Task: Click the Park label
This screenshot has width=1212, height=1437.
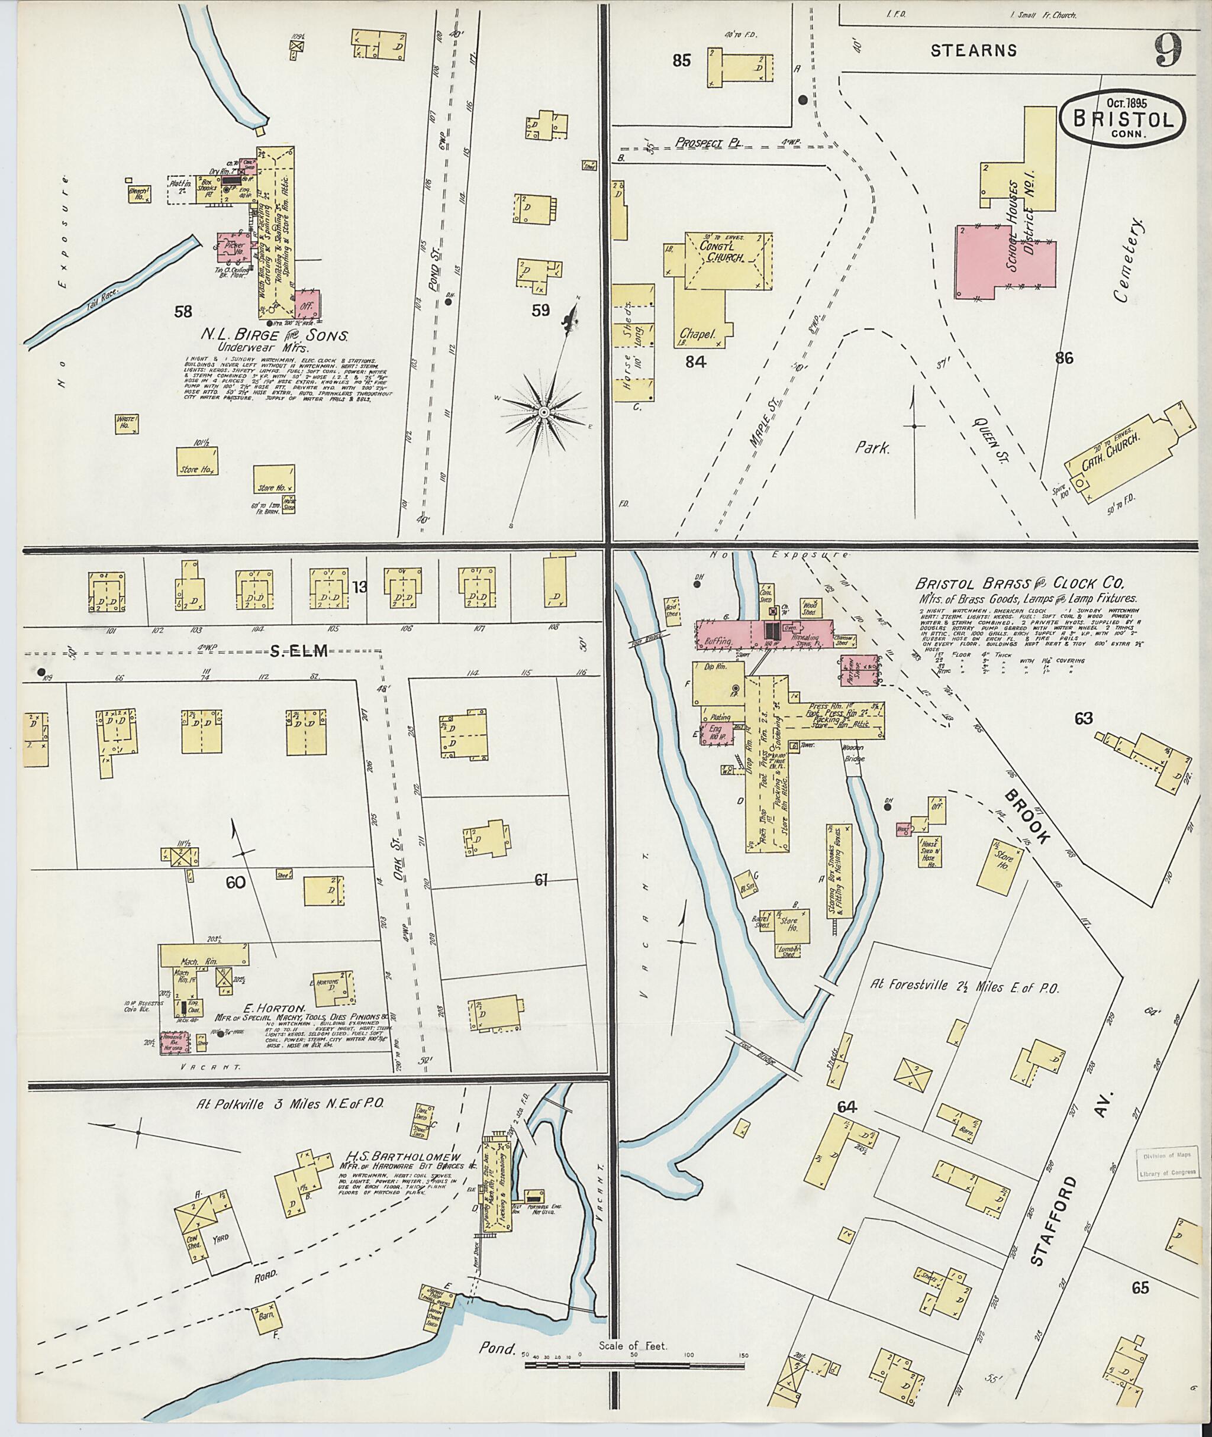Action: tap(872, 448)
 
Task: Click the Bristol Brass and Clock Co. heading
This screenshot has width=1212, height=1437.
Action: tap(1019, 584)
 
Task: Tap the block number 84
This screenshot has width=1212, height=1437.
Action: tap(695, 361)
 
